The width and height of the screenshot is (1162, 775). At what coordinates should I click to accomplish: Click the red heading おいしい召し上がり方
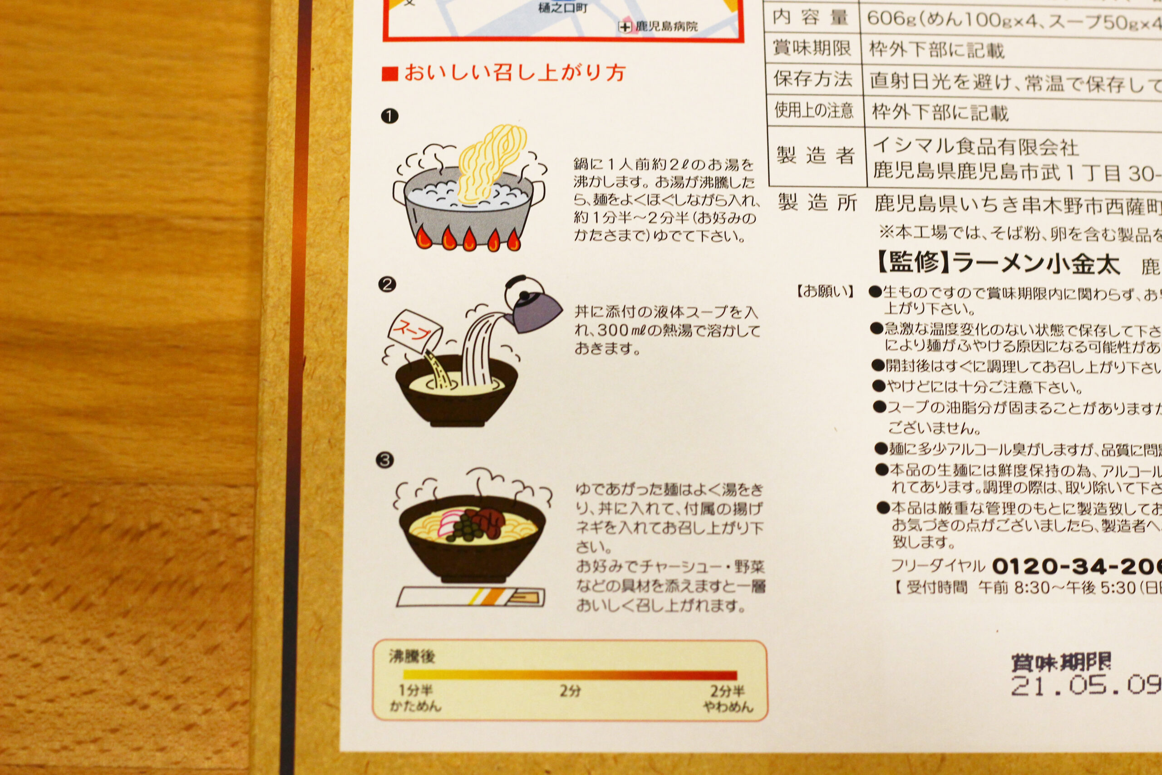point(514,74)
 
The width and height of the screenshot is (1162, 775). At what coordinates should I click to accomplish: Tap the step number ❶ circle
point(390,117)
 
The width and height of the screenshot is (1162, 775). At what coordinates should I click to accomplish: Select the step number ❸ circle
point(385,461)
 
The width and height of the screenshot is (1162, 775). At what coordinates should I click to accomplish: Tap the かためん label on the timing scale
point(415,706)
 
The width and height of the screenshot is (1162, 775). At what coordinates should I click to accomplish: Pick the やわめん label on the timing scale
point(728,707)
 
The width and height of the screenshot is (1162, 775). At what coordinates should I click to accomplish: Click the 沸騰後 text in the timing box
point(412,657)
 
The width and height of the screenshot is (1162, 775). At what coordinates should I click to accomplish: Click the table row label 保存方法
point(812,79)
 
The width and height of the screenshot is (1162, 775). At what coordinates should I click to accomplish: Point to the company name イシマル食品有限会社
point(976,147)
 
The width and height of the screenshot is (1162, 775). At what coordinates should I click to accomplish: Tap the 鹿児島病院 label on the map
point(666,26)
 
